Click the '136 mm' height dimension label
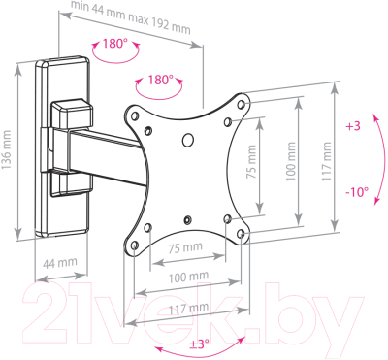pyautogui.click(x=6, y=150)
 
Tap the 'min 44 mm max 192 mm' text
pyautogui.click(x=130, y=18)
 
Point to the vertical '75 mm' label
pyautogui.click(x=251, y=162)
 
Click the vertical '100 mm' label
pyautogui.click(x=291, y=161)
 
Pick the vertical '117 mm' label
pyautogui.click(x=327, y=161)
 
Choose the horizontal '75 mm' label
pyautogui.click(x=185, y=248)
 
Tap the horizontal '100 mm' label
pyautogui.click(x=189, y=278)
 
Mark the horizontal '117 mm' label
pyautogui.click(x=189, y=309)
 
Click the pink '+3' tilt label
pyautogui.click(x=353, y=126)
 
